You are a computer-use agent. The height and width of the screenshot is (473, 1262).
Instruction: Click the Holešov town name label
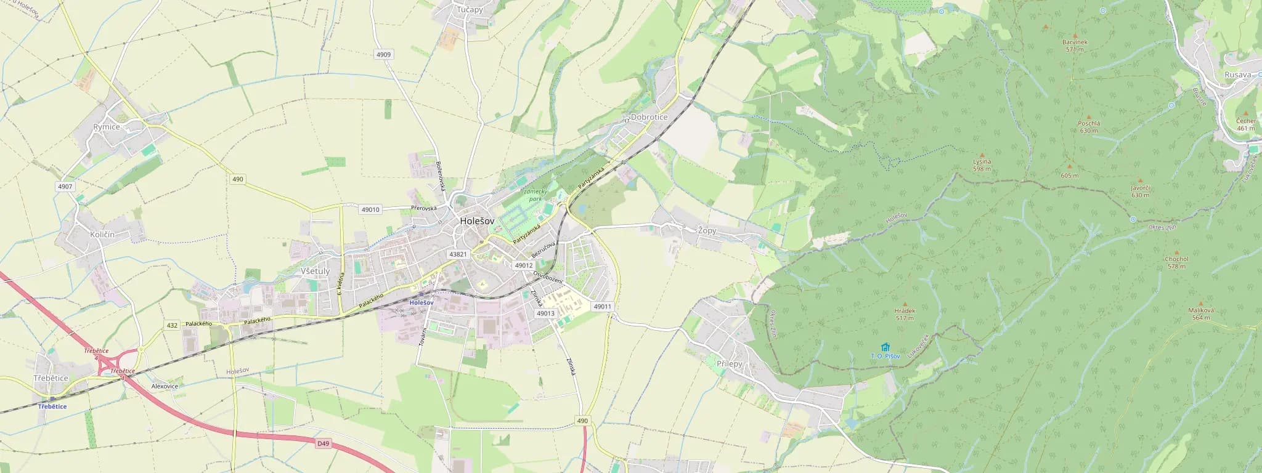(x=477, y=222)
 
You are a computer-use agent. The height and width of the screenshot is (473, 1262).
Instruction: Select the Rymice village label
(x=106, y=126)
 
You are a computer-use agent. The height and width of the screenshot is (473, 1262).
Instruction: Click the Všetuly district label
(x=315, y=271)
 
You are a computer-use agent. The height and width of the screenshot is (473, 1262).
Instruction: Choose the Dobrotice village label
(x=649, y=117)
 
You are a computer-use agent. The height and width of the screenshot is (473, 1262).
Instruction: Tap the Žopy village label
(x=707, y=231)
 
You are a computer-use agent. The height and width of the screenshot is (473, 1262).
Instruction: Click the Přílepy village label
(x=730, y=364)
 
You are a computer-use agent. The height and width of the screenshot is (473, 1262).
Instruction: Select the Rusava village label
(x=1238, y=75)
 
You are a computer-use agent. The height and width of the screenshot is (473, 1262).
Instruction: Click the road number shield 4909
(x=383, y=55)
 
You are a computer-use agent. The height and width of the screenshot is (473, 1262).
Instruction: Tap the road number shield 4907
(x=64, y=186)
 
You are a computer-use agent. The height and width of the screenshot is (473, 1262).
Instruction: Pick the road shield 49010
(x=370, y=209)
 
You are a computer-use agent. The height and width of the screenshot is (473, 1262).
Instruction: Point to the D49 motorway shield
(x=324, y=443)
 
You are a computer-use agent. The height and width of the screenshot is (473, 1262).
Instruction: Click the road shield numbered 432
(x=172, y=325)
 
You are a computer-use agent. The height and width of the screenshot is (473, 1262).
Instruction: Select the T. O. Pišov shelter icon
(x=885, y=347)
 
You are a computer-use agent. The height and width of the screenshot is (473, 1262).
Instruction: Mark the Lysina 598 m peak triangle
(x=982, y=155)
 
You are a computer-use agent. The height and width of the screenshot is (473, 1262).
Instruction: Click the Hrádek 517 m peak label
(x=905, y=314)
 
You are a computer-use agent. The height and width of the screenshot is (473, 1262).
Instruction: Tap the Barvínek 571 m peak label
(x=1075, y=45)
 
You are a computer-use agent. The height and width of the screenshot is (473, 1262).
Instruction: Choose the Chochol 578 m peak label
(x=1176, y=262)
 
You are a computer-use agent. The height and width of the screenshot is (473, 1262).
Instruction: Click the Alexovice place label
(x=165, y=386)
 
